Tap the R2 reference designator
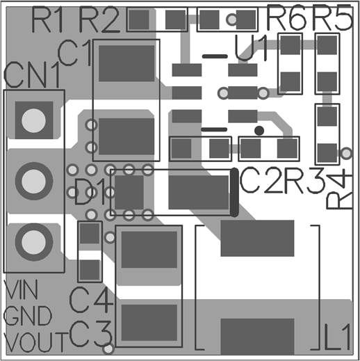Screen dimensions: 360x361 pyautogui.click(x=99, y=19)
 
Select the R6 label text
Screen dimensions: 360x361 pyautogui.click(x=287, y=18)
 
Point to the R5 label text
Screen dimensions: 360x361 pyautogui.click(x=332, y=18)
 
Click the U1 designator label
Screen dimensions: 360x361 pyautogui.click(x=251, y=48)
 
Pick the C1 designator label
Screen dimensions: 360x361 pyautogui.click(x=74, y=53)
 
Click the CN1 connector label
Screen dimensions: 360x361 pyautogui.click(x=32, y=75)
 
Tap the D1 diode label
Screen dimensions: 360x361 pyautogui.click(x=88, y=192)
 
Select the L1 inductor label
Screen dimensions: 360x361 pyautogui.click(x=337, y=337)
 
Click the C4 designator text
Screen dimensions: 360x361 pyautogui.click(x=91, y=300)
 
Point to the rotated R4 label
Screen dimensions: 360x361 pyautogui.click(x=339, y=188)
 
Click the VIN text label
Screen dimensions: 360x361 pyautogui.click(x=21, y=289)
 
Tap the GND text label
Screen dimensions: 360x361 pyautogui.click(x=27, y=316)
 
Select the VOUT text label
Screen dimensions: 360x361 pyautogui.click(x=36, y=342)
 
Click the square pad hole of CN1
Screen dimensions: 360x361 pyautogui.click(x=33, y=120)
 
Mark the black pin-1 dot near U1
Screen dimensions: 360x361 pyautogui.click(x=259, y=131)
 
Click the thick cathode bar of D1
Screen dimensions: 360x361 pyautogui.click(x=234, y=192)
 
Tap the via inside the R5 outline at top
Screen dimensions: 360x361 pyautogui.click(x=231, y=19)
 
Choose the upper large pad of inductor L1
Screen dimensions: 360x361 pyautogui.click(x=257, y=239)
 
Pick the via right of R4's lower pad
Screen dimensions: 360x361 pyautogui.click(x=346, y=153)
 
